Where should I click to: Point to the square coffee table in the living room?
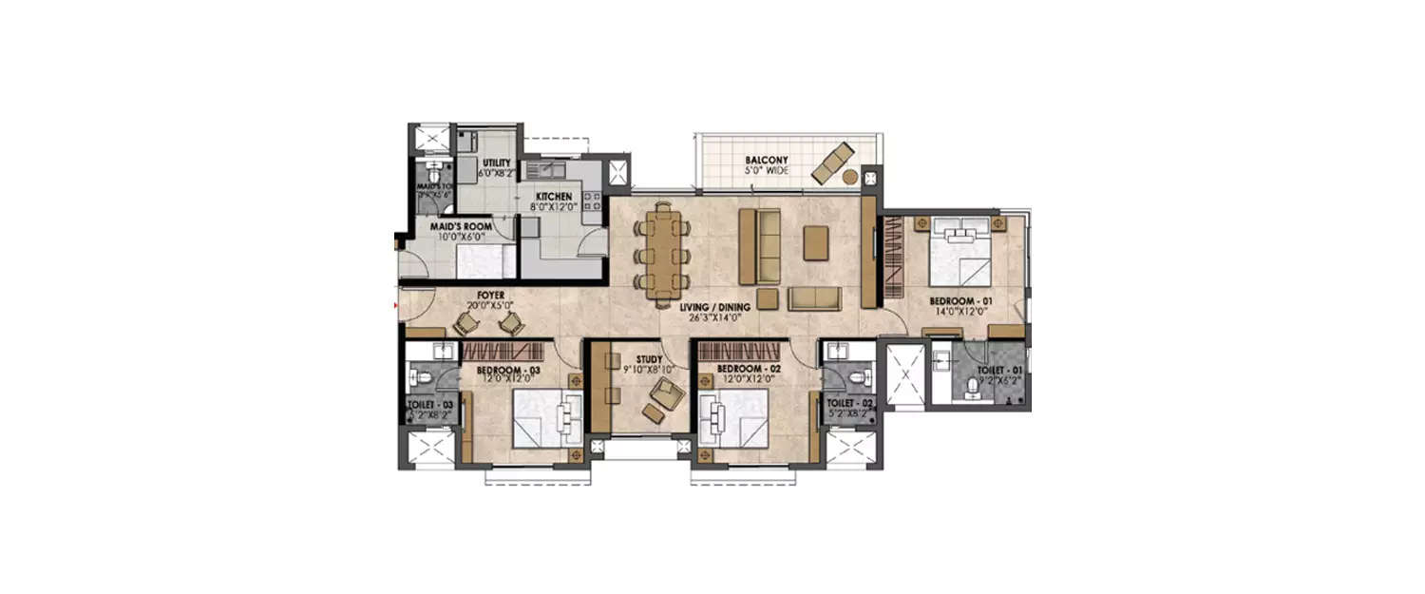pyautogui.click(x=816, y=242)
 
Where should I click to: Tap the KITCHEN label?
pyautogui.click(x=554, y=197)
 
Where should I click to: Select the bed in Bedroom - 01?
pyautogui.click(x=958, y=252)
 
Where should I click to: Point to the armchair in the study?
pyautogui.click(x=663, y=392)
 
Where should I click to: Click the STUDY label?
pyautogui.click(x=649, y=360)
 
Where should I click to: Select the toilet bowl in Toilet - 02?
pyautogui.click(x=858, y=377)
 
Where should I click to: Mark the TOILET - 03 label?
pyautogui.click(x=428, y=405)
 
